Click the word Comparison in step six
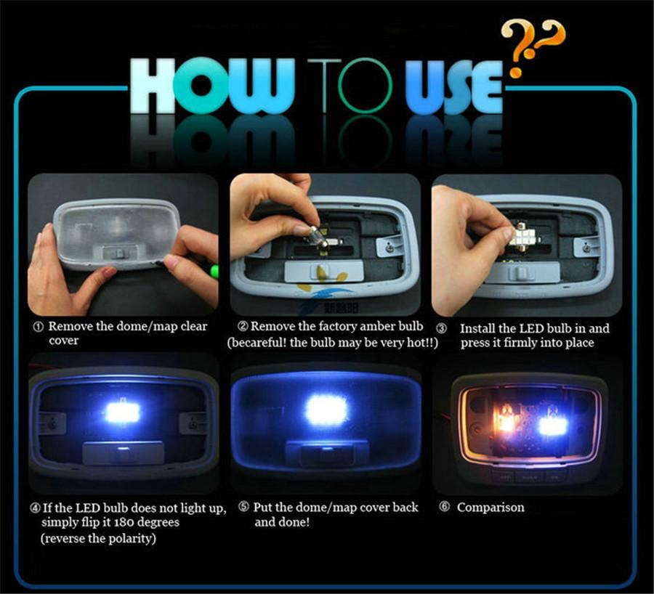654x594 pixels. pyautogui.click(x=490, y=507)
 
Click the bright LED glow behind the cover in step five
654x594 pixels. pyautogui.click(x=326, y=411)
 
